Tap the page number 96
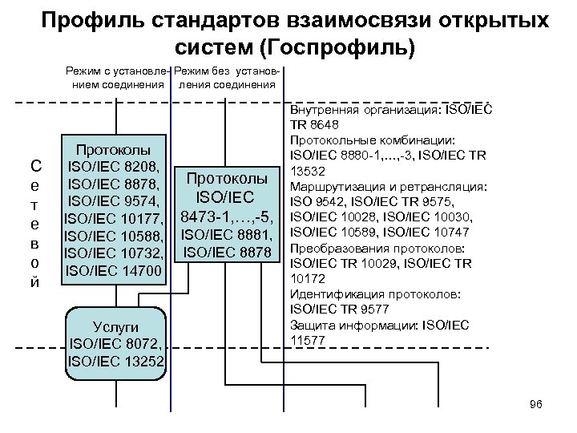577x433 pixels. (x=536, y=404)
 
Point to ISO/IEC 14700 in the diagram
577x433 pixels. (x=114, y=271)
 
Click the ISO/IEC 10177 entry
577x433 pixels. (x=114, y=219)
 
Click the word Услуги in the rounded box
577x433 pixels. (x=116, y=327)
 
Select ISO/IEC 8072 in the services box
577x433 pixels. (x=116, y=344)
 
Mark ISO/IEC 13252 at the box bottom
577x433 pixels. (x=116, y=362)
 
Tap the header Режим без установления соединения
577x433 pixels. (x=227, y=78)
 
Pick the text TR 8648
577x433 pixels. (x=313, y=125)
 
